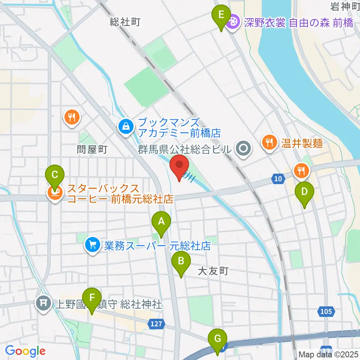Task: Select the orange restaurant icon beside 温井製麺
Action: point(269,142)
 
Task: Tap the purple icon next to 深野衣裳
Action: point(233,21)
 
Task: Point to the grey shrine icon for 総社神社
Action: point(44,303)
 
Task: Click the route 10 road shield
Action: point(277,179)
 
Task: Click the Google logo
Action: point(25,351)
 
